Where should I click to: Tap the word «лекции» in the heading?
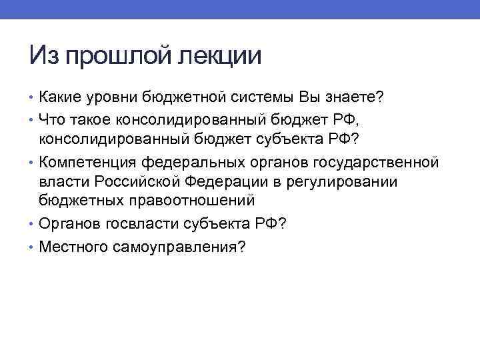(219, 55)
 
